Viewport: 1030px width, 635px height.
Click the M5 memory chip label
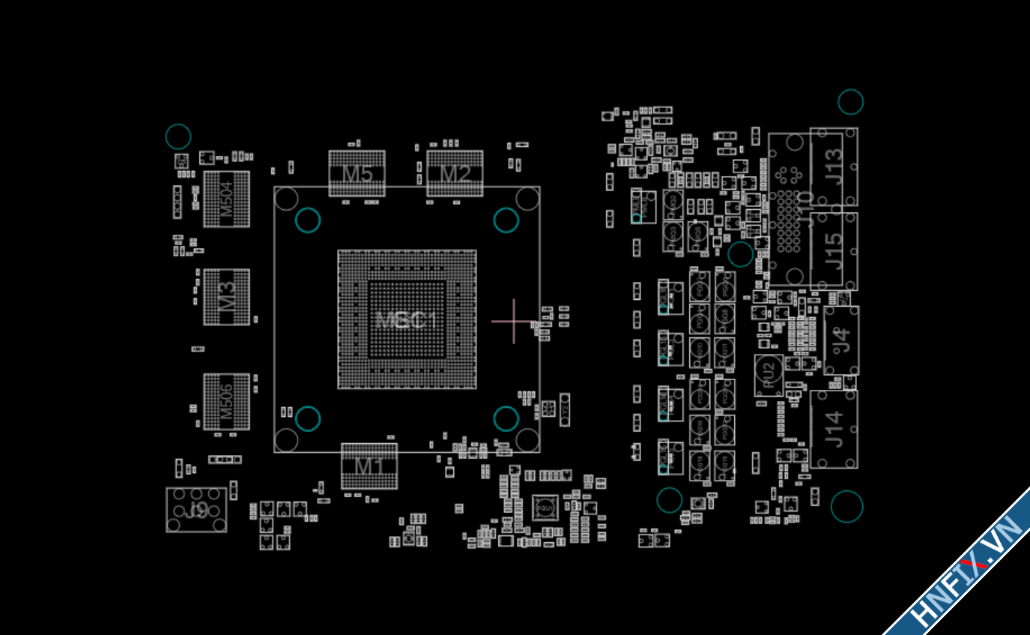tap(357, 174)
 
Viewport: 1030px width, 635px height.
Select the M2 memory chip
tap(455, 174)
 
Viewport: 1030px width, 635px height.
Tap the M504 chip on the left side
tap(226, 199)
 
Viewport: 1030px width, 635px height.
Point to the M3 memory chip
tap(226, 297)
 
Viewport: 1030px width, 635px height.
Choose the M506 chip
tap(226, 402)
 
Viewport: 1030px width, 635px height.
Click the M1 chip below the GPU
tap(369, 466)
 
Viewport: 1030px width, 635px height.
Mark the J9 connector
tap(196, 510)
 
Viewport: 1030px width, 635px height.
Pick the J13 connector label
tap(834, 166)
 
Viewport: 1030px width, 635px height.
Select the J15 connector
tap(834, 251)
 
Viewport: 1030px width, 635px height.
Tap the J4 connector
tap(841, 340)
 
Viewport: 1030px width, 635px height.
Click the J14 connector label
tap(834, 430)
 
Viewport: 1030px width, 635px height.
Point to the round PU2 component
tap(769, 375)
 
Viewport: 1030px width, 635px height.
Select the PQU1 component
tap(545, 509)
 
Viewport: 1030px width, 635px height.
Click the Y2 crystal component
tap(565, 409)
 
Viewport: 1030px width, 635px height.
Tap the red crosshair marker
tap(514, 322)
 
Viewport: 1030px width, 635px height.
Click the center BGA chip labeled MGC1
tap(407, 320)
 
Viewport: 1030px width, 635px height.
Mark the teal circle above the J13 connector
tap(850, 102)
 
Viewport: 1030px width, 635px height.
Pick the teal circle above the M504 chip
tap(178, 136)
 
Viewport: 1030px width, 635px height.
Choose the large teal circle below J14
tap(846, 506)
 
